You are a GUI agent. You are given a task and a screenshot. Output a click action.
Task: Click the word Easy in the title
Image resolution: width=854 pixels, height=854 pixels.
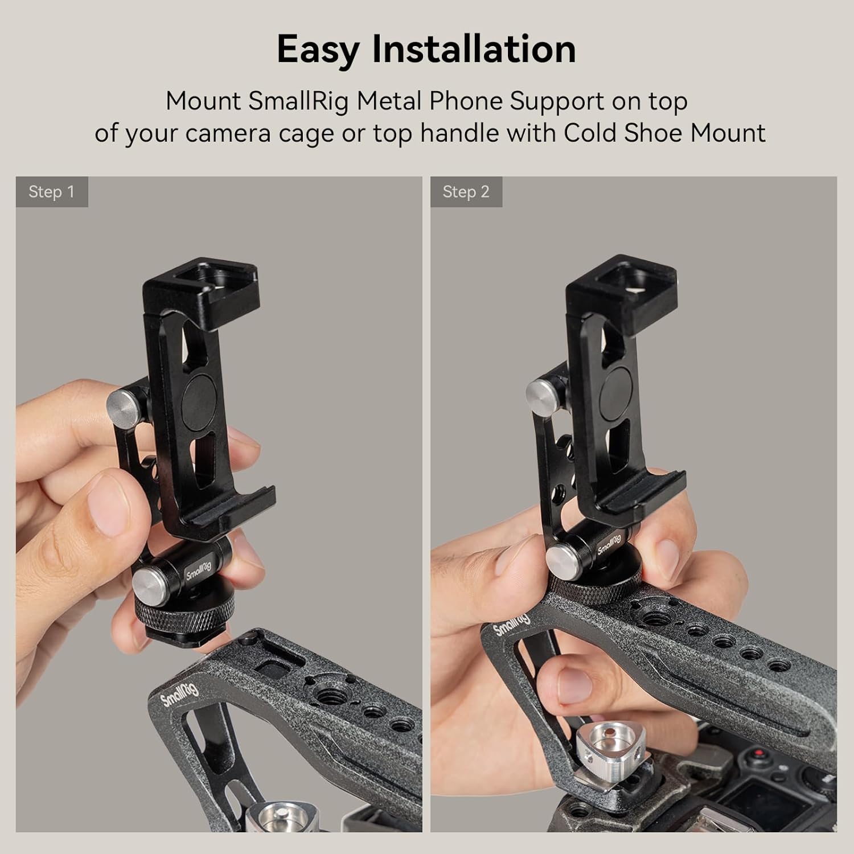point(318,50)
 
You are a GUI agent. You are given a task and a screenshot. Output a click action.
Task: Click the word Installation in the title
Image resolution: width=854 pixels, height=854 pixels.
point(474,49)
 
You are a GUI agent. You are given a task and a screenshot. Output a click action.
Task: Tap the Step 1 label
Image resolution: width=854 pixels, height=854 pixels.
point(51,192)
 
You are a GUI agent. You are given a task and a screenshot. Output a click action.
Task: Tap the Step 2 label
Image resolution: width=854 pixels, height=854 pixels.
point(466,192)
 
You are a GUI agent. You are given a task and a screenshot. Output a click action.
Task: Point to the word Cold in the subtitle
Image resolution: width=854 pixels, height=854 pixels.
point(590,133)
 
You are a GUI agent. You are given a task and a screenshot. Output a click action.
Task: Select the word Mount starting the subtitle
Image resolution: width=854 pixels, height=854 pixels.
point(203,101)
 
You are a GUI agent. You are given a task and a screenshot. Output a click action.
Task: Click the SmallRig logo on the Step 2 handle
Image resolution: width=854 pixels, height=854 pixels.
point(512,623)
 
